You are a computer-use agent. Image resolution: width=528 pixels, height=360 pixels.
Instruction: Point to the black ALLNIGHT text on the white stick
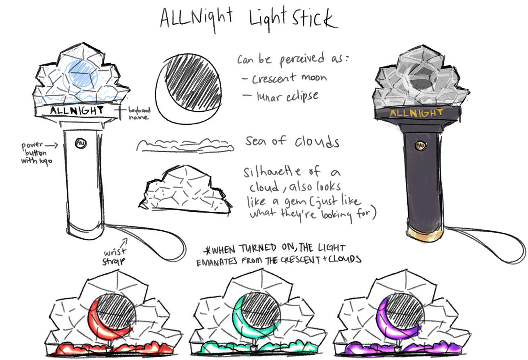click(77, 110)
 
